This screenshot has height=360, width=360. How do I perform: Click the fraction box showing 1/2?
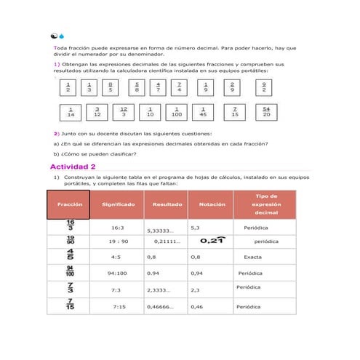pyautogui.click(x=68, y=88)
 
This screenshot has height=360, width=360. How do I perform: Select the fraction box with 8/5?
pyautogui.click(x=111, y=88)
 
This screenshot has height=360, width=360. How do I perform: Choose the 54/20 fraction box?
pyautogui.click(x=266, y=113)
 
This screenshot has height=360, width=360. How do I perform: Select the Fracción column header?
pyautogui.click(x=68, y=204)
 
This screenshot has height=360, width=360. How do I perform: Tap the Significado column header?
pyautogui.click(x=117, y=204)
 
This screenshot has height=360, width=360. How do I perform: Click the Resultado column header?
pyautogui.click(x=167, y=204)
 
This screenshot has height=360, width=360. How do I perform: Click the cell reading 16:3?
pyautogui.click(x=117, y=228)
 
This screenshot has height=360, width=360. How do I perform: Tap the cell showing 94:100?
pyautogui.click(x=118, y=273)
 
